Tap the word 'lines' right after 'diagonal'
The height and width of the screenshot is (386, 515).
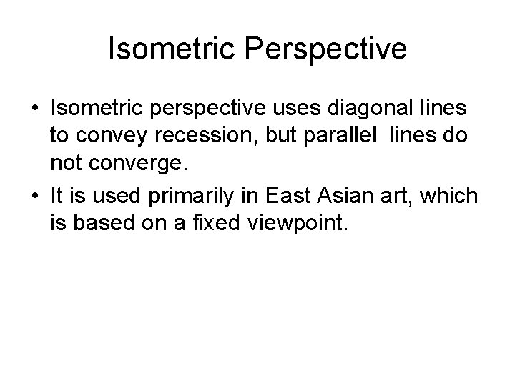point(442,109)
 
